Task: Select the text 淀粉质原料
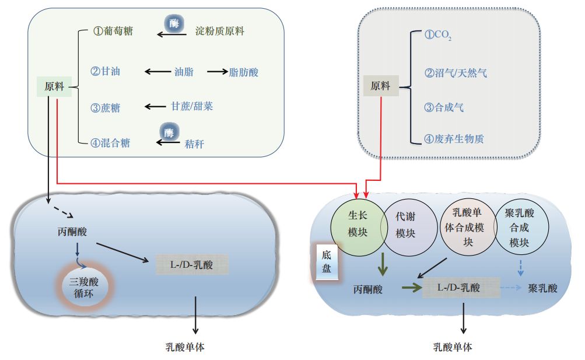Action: [220, 31]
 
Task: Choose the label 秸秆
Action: [195, 142]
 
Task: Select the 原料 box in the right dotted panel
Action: [380, 86]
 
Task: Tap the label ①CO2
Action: [438, 36]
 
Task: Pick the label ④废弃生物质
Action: [454, 139]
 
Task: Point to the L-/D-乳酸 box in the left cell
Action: [192, 265]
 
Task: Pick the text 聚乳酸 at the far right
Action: [542, 288]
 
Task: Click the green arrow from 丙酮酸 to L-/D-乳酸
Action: [411, 287]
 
